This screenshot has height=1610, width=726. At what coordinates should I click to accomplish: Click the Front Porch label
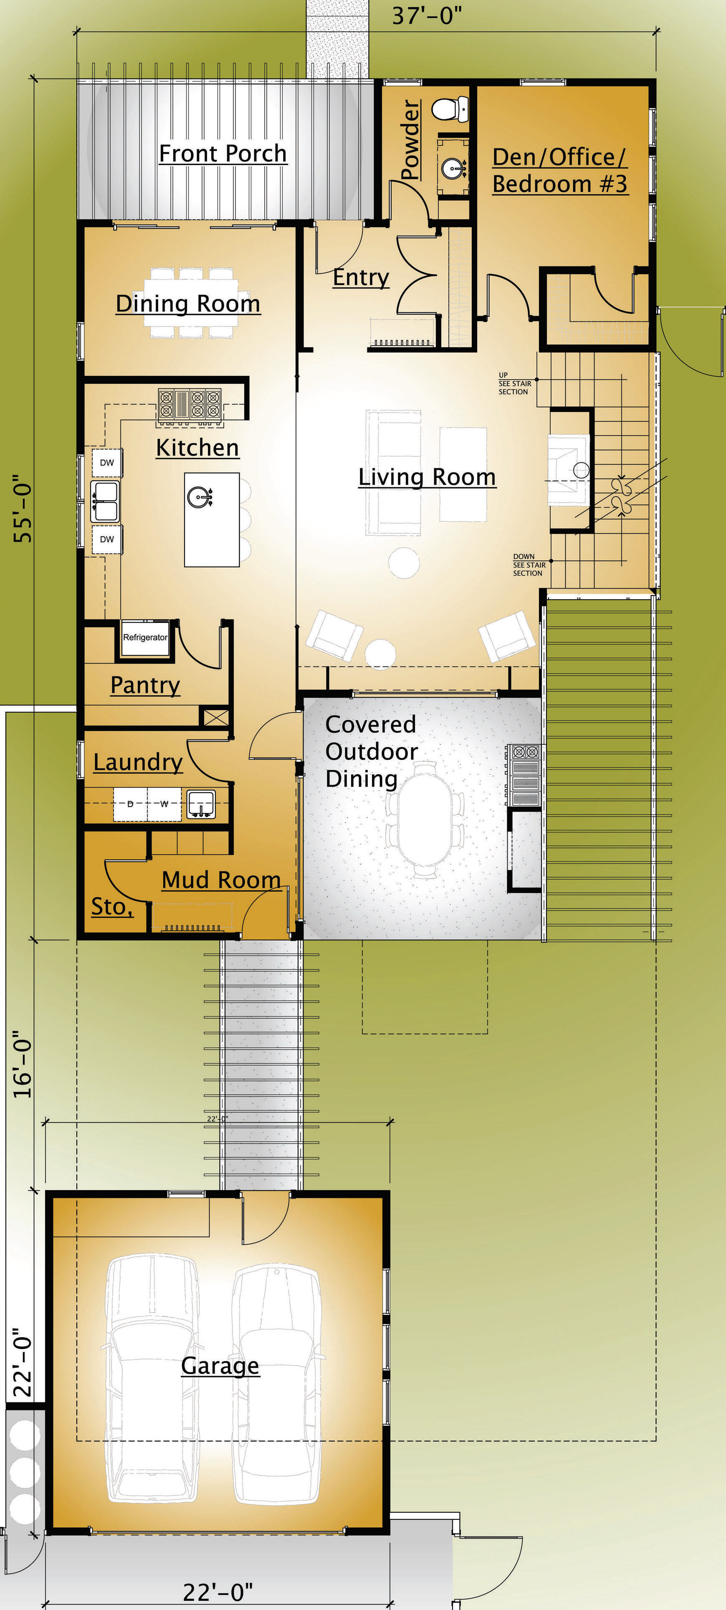(223, 153)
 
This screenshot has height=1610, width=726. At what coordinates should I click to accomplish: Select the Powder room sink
(454, 167)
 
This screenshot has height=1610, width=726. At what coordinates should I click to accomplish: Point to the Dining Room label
(188, 303)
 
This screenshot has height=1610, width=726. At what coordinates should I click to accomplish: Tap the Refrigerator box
(145, 638)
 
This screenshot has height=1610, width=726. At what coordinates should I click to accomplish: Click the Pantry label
(145, 685)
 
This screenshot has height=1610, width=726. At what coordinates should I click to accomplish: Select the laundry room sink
(201, 804)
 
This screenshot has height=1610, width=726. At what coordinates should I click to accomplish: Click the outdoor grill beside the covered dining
(525, 775)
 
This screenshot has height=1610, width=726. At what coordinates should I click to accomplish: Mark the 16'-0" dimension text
(23, 1064)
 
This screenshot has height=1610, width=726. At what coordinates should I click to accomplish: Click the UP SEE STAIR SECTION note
(515, 384)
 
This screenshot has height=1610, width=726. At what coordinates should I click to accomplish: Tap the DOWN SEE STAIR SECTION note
(529, 565)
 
